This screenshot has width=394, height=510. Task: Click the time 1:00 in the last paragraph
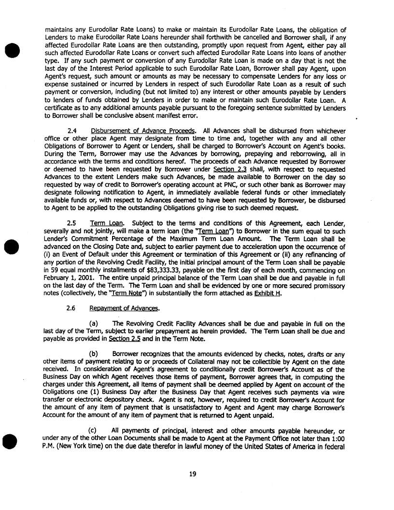(338, 438)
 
